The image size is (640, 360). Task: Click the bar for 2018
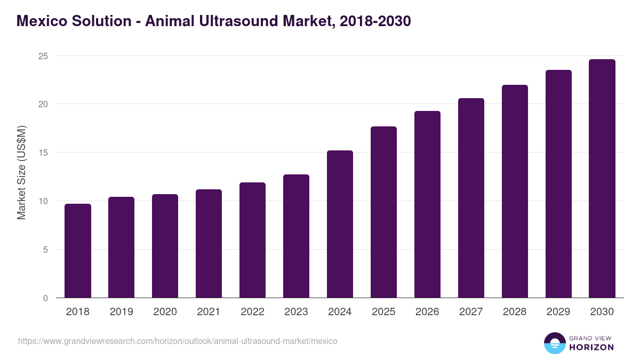(x=78, y=251)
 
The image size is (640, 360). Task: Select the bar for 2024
(x=340, y=224)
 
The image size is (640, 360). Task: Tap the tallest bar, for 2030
(x=602, y=179)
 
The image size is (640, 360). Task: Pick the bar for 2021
(x=209, y=244)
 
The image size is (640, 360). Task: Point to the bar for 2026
(x=427, y=204)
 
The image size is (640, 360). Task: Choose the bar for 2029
(x=558, y=184)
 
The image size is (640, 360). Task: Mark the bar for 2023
(x=296, y=236)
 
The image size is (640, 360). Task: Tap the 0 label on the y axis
(x=45, y=298)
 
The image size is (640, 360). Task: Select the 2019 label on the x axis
(x=122, y=312)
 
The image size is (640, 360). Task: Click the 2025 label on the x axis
(x=383, y=312)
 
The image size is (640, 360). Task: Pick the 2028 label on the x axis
(x=515, y=312)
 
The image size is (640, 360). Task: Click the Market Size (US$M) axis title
(x=21, y=172)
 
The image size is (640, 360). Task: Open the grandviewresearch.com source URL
(x=178, y=341)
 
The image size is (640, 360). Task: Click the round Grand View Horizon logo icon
(x=554, y=343)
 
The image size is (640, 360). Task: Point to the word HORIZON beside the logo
(x=591, y=347)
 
